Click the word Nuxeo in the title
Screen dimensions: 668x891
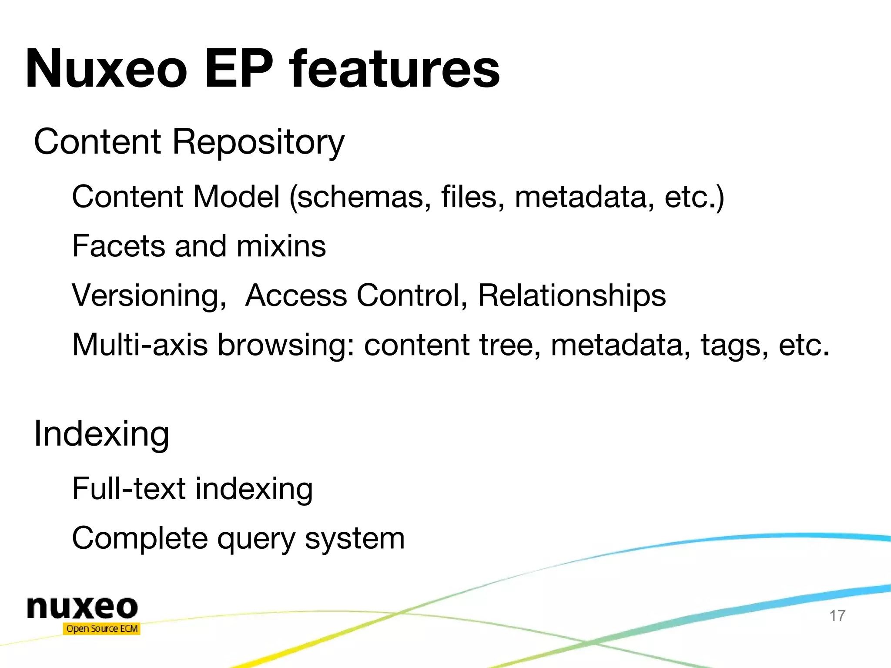(x=107, y=70)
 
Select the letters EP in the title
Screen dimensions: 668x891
(x=239, y=70)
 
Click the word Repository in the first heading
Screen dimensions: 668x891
(x=258, y=143)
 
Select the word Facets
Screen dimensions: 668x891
(x=118, y=246)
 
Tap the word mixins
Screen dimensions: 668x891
(x=281, y=246)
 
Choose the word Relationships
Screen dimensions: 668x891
(x=572, y=295)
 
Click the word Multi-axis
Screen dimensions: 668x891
(x=140, y=345)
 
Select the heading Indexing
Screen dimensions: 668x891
(x=101, y=434)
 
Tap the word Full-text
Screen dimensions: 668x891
(x=129, y=488)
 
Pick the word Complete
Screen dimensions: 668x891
(x=140, y=539)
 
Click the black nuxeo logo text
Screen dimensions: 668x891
(x=82, y=608)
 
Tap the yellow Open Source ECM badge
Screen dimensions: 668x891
(x=102, y=629)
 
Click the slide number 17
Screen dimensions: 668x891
(x=837, y=616)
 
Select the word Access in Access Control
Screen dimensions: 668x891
(x=296, y=296)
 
